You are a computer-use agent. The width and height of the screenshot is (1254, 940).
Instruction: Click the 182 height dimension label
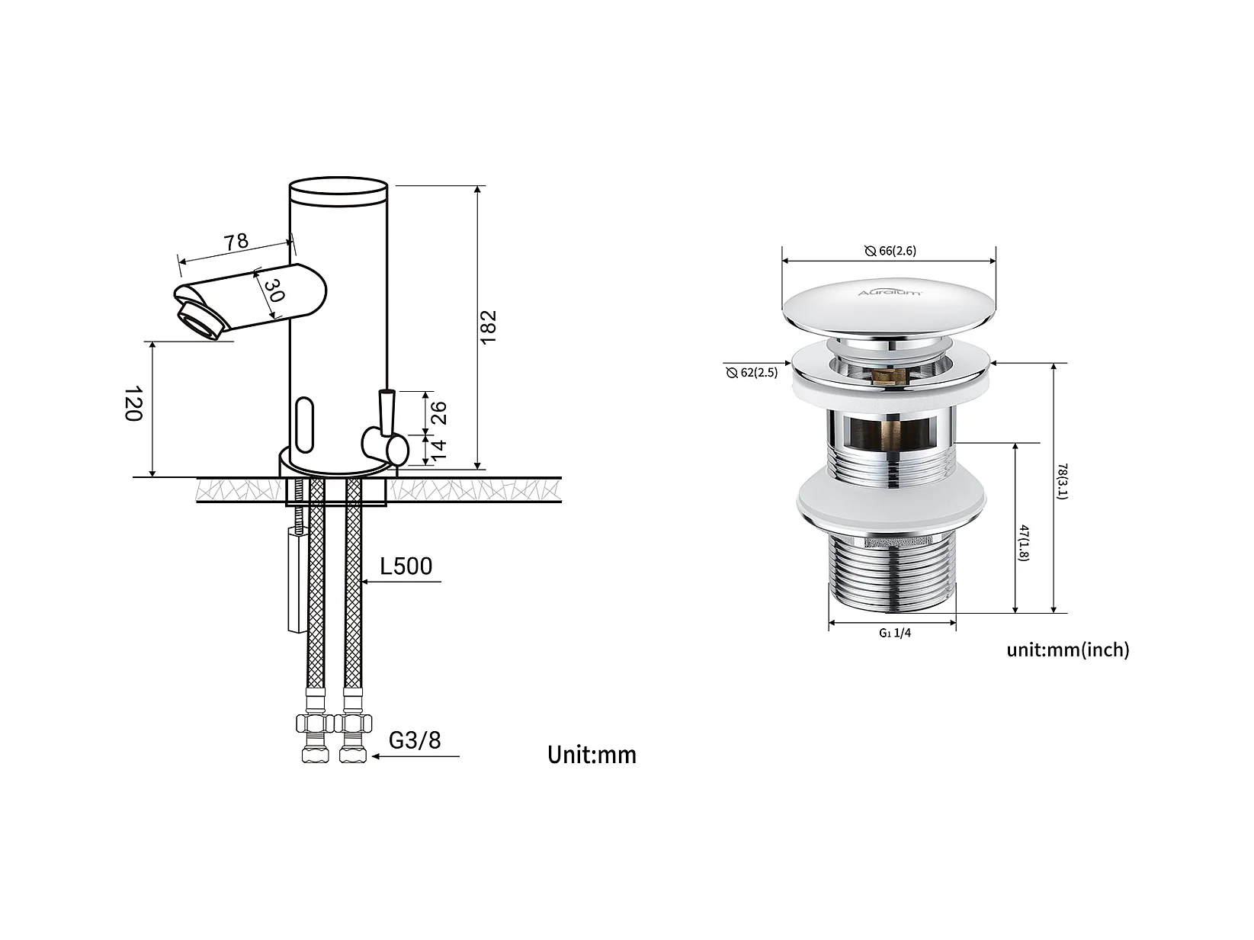[489, 327]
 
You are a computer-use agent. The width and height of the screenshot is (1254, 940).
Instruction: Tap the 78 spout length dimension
[236, 241]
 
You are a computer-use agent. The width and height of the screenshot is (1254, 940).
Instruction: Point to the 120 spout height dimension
[133, 404]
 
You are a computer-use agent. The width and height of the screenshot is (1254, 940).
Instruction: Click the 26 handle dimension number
[439, 413]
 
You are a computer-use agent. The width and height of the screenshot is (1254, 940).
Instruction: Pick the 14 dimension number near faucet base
[438, 451]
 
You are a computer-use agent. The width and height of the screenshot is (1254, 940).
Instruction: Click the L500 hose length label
[406, 566]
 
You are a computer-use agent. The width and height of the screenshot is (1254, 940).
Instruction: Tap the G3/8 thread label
[415, 739]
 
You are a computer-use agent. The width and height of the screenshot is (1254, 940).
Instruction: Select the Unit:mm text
[592, 755]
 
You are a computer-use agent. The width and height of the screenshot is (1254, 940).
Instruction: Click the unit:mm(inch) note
[1068, 650]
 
